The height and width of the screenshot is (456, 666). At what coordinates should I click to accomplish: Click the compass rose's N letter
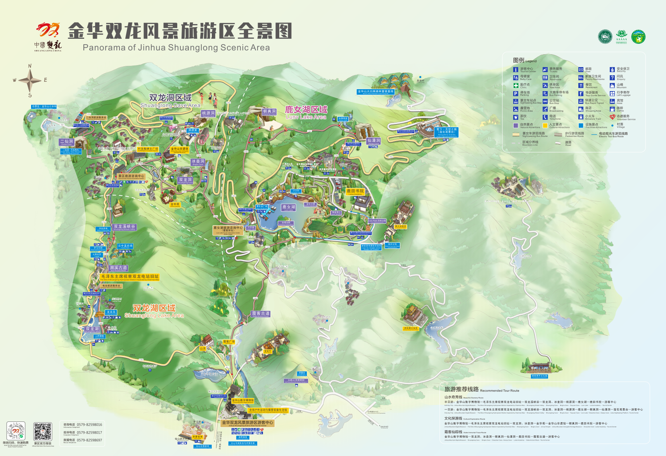pyautogui.click(x=30, y=66)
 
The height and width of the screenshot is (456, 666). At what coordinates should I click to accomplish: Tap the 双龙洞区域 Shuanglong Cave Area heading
pyautogui.click(x=170, y=100)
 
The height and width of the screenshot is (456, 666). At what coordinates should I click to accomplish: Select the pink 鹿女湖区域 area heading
pyautogui.click(x=306, y=112)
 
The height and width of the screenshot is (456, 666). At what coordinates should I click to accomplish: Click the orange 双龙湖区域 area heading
pyautogui.click(x=154, y=311)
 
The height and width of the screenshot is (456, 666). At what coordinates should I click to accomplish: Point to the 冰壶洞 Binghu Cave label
pyautogui.click(x=198, y=162)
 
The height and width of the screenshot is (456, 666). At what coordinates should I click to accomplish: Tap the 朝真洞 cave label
pyautogui.click(x=269, y=112)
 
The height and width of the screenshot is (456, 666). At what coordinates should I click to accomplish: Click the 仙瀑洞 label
pyautogui.click(x=374, y=141)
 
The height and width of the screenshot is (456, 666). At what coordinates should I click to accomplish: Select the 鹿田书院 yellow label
pyautogui.click(x=355, y=191)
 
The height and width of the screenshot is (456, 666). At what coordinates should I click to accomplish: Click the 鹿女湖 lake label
pyautogui.click(x=289, y=207)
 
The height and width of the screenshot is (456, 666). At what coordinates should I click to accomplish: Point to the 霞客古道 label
pyautogui.click(x=261, y=314)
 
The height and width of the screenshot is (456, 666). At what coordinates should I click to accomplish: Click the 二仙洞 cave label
pyautogui.click(x=66, y=142)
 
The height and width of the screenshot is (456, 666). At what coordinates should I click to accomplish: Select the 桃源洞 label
pyautogui.click(x=208, y=114)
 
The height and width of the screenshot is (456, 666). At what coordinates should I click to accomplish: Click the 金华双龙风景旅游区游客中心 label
pyautogui.click(x=247, y=423)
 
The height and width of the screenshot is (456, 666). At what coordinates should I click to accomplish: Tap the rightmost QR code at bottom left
pyautogui.click(x=42, y=432)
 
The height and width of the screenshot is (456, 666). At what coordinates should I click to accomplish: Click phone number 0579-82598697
pyautogui.click(x=89, y=440)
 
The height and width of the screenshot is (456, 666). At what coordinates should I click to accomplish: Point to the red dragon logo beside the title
pyautogui.click(x=48, y=30)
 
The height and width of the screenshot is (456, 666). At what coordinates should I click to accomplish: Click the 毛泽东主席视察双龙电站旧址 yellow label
pyautogui.click(x=130, y=277)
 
